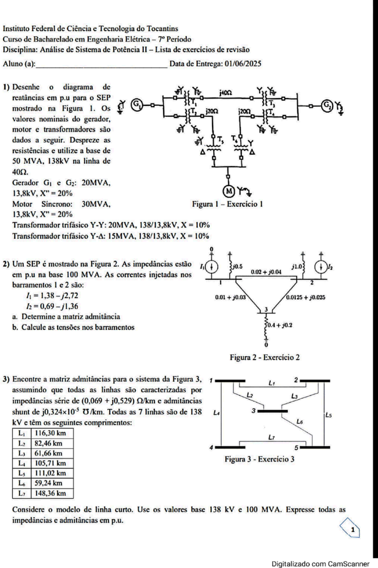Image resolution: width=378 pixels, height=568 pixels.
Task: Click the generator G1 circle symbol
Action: point(137,105)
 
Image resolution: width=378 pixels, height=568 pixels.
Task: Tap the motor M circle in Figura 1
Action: point(229,191)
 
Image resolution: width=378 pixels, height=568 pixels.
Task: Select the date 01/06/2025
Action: point(243,64)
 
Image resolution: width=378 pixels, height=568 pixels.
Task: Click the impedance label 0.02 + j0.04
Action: point(266,271)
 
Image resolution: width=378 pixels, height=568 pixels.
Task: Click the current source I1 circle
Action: point(212,267)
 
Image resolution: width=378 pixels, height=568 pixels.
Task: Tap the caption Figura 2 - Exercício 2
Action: point(265,357)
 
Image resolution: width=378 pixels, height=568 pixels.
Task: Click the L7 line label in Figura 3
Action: point(271,437)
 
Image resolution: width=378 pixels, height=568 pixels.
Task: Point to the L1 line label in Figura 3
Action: point(272,382)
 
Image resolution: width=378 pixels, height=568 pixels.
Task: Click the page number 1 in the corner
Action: point(353,530)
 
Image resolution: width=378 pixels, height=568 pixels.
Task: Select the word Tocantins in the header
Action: point(162,28)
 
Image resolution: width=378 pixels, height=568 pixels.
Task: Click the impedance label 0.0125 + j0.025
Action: point(306,297)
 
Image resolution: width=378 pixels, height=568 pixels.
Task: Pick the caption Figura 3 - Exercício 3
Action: point(260,459)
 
